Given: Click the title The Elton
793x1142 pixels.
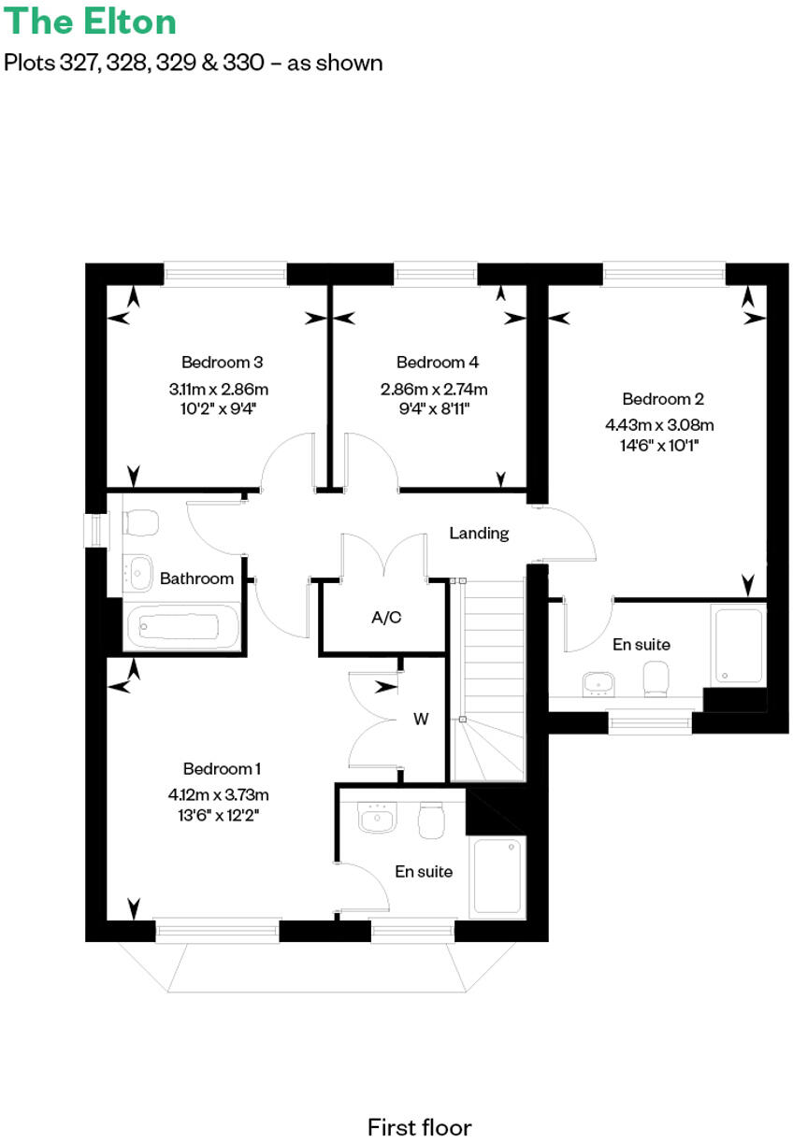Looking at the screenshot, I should pos(90,21).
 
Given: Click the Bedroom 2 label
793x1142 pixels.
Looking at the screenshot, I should pos(662,399).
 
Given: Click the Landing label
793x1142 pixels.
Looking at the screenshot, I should pos(479,533).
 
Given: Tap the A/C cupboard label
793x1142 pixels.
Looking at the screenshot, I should pos(386,617).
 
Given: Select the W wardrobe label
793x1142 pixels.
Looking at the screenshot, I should pos(421,719).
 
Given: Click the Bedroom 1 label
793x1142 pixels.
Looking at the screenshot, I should pos(222,768).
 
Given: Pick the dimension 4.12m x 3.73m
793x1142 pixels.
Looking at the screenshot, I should pos(219,795).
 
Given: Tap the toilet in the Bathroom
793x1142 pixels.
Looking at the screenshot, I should pos(140,521).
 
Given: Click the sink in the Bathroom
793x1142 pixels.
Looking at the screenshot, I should pos(139,571).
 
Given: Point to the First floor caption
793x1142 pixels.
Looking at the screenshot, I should pos(419,1101).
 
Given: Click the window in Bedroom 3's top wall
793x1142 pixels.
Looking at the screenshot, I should pos(225,273).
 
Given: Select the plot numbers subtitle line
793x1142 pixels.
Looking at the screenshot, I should pos(194,63).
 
